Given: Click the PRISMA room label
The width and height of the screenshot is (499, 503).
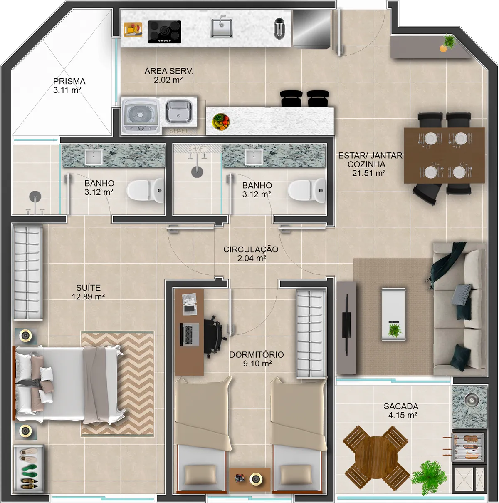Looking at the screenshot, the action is tap(69, 81).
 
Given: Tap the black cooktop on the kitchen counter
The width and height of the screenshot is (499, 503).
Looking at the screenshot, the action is tap(165, 32).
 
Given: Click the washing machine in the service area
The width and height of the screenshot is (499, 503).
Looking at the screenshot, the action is tap(141, 116).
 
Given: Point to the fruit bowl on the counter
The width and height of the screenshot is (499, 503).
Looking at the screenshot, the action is tap(220, 122).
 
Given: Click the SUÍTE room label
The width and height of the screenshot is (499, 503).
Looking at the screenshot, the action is tap(88, 288).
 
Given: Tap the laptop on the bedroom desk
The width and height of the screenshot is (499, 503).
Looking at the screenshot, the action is tap(190, 334).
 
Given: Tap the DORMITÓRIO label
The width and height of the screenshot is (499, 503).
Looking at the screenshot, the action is tap(256, 354).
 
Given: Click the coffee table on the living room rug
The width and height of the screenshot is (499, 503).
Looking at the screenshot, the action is tap(394, 314).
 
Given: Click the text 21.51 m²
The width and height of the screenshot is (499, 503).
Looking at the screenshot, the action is tap(369, 173).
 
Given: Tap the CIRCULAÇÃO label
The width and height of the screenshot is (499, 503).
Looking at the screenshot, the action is tap(251, 249).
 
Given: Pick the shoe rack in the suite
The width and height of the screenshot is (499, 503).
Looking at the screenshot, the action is tap(29, 467).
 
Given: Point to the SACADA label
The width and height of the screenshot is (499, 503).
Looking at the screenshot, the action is tap(401, 406).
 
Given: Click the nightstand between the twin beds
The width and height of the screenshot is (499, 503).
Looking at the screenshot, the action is tap(250, 479).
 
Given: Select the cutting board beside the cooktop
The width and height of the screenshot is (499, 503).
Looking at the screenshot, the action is tap(133, 30).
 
